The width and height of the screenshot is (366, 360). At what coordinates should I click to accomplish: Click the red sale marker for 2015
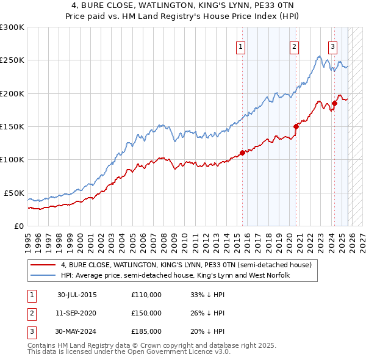[x=242, y=153]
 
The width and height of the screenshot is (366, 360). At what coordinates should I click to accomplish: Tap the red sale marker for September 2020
[x=296, y=126]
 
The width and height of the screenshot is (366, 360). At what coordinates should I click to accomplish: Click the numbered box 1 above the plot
[x=240, y=46]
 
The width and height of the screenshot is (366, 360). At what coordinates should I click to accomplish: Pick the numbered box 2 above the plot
[x=294, y=46]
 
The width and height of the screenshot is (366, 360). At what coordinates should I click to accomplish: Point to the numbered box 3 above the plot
[x=332, y=46]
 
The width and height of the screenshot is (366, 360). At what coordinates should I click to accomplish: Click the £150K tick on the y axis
[x=12, y=126]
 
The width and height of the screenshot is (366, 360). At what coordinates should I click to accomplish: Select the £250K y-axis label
[x=12, y=60]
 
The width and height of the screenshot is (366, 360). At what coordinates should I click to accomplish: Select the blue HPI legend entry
[x=174, y=276]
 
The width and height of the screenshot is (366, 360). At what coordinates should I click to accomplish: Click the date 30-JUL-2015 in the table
[x=77, y=295]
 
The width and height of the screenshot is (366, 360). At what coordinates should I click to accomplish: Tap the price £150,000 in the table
[x=146, y=313]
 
